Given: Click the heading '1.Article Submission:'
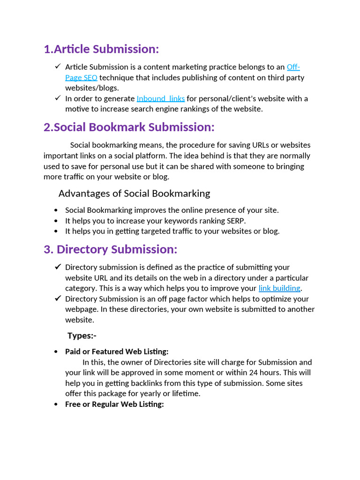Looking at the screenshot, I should click(x=101, y=49).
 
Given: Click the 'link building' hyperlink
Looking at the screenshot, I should click(x=279, y=288).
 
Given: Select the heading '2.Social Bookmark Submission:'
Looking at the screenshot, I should click(x=129, y=127).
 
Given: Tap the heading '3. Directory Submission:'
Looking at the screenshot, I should click(x=111, y=249).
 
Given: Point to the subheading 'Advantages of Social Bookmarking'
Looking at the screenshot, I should click(x=134, y=194).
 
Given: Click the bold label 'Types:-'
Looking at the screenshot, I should click(x=82, y=336).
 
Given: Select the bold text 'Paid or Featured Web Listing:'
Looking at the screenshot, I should click(x=117, y=352).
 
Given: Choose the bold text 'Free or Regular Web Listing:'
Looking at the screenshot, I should click(x=114, y=404).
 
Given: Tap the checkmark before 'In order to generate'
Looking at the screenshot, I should click(x=58, y=98).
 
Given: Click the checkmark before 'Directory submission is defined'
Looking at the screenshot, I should click(x=58, y=267).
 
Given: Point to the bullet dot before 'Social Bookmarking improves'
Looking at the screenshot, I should click(x=56, y=210).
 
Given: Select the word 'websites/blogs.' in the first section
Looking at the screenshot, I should click(x=92, y=88).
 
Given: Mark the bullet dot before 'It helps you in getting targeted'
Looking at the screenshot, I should click(x=56, y=231).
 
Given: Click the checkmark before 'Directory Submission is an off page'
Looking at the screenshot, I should click(x=58, y=299).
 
